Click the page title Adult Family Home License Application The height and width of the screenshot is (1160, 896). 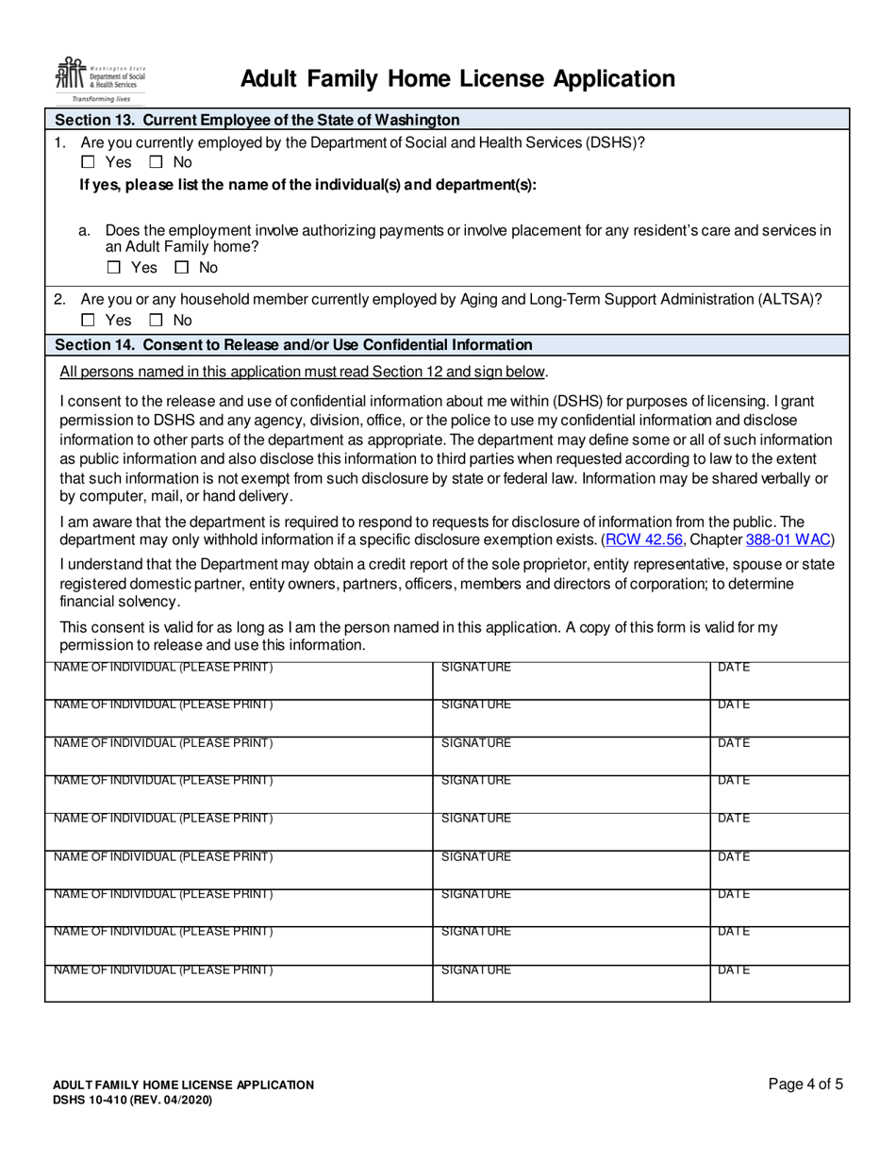tap(457, 79)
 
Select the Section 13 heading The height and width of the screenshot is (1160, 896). tap(257, 120)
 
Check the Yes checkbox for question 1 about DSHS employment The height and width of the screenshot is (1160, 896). tap(88, 162)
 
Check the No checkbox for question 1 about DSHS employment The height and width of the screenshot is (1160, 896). tap(155, 162)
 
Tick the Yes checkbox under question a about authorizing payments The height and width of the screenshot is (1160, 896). tap(113, 268)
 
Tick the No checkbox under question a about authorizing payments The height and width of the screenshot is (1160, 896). tap(181, 268)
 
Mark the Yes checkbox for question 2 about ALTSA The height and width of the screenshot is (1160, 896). tap(88, 321)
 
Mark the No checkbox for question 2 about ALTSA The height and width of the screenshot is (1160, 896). tap(155, 321)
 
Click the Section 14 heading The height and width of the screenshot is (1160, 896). tap(293, 344)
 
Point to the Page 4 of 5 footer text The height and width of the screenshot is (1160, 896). tap(805, 1085)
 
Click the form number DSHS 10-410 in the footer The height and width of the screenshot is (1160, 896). tap(132, 1101)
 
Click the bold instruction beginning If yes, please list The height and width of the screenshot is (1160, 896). tap(307, 185)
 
